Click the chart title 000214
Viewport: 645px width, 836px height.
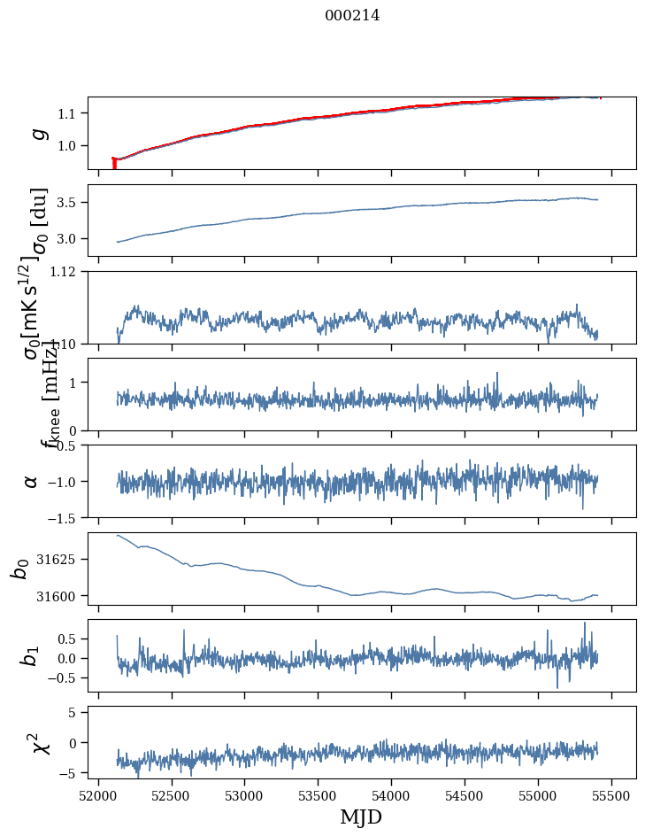[x=352, y=15]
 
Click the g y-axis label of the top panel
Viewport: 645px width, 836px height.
[x=38, y=133]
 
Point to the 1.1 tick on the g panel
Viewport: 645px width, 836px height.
[x=69, y=113]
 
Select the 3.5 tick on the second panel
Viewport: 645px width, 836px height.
[x=69, y=203]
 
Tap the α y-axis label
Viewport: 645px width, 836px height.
[x=32, y=481]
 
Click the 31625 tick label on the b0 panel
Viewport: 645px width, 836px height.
[x=59, y=560]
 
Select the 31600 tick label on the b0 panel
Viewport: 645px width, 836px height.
[x=59, y=596]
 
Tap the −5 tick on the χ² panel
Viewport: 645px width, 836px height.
[x=73, y=773]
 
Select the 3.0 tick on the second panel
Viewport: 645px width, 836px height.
[x=69, y=239]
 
